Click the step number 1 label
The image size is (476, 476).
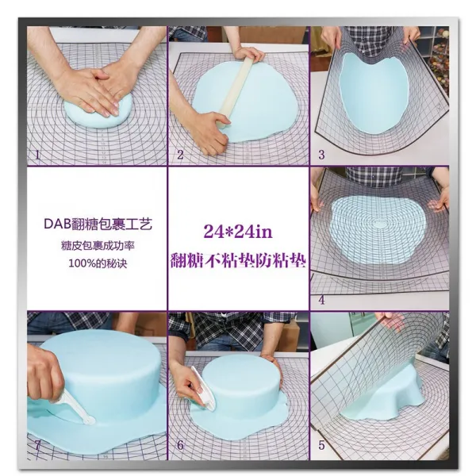pos(37,155)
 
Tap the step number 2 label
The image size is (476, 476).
pos(180,155)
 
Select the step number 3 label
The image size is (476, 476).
pos(321,155)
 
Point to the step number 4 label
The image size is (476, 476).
pos(322,300)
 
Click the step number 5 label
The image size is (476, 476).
pos(322,445)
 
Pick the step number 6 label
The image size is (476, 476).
pos(180,445)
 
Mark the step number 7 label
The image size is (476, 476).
pos(37,445)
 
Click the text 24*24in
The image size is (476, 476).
pos(238,232)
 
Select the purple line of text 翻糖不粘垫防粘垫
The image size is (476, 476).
pos(238,260)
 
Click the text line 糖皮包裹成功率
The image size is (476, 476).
pos(98,246)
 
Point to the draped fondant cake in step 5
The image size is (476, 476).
pos(382,397)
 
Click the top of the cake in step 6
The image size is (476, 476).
pos(241,369)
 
